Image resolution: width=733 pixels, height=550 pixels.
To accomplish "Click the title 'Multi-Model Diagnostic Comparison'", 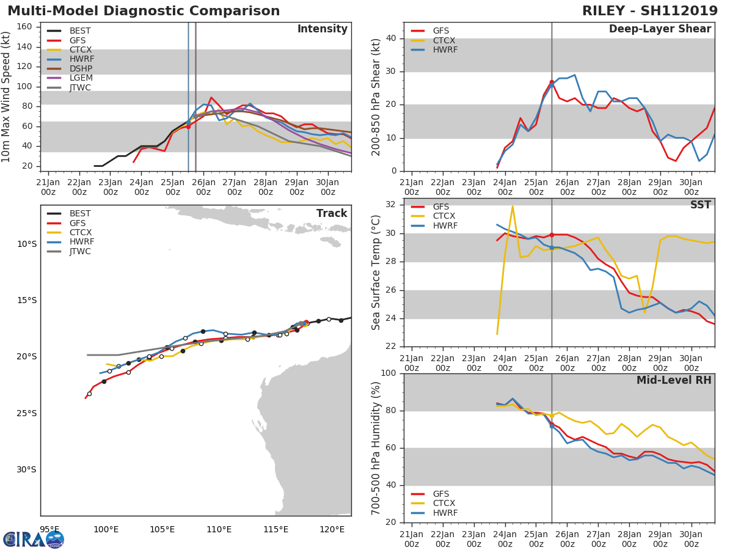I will click(144, 11).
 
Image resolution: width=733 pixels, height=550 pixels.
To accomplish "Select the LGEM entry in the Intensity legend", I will click(80, 78).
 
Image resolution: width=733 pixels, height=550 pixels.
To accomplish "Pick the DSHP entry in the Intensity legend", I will click(81, 68).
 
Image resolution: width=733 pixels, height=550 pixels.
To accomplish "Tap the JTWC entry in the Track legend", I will click(80, 251).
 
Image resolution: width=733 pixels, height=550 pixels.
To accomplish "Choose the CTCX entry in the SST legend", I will click(444, 216).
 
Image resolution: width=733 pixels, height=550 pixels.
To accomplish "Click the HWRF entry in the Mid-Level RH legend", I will click(445, 513).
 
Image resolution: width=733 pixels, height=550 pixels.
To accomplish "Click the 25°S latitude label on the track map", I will click(27, 413).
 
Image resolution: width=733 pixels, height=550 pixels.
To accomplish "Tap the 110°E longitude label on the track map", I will click(219, 529).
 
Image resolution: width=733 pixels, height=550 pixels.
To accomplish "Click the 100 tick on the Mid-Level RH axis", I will click(390, 373).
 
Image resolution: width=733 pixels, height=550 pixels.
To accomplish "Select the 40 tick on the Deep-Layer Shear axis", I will click(393, 38).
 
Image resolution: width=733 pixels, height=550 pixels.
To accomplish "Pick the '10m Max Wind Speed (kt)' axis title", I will click(7, 97).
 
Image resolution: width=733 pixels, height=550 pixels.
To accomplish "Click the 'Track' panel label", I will click(331, 213).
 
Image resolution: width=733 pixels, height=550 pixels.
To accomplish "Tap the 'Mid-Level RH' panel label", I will click(674, 380).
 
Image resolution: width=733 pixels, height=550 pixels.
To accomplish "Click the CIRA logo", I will click(34, 539).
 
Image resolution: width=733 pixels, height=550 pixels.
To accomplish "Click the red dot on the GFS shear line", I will click(552, 82).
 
